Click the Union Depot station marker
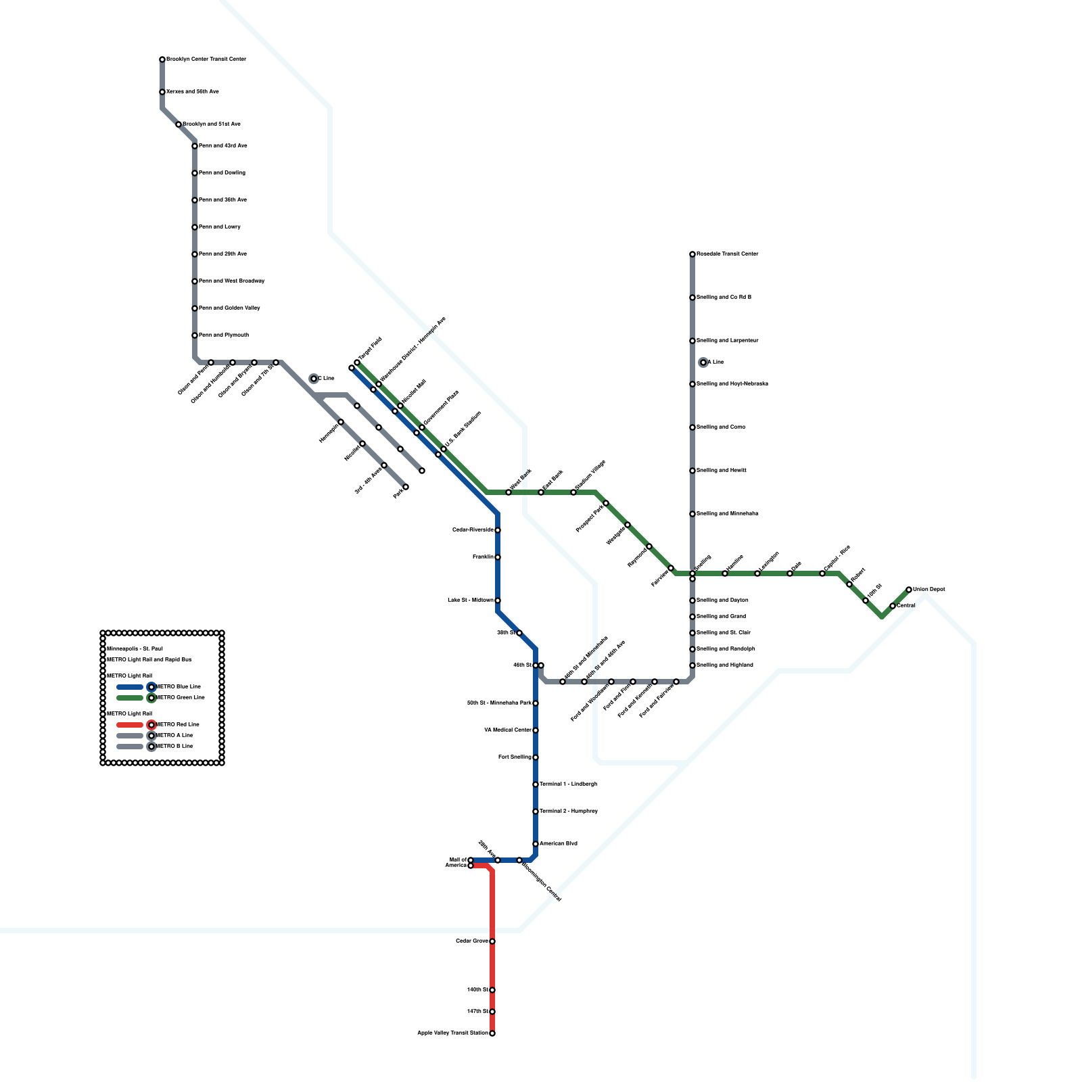pos(909,590)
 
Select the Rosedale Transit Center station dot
pos(692,254)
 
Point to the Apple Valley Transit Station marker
pos(492,1033)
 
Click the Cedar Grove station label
pos(471,941)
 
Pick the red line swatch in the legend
pos(130,725)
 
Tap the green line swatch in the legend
pos(130,698)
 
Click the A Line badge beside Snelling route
pos(703,362)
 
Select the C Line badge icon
pos(314,379)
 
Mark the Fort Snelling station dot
pos(536,757)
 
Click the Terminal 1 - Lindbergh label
pos(568,784)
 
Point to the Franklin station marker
pos(498,557)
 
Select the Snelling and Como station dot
pos(692,427)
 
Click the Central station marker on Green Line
pos(893,606)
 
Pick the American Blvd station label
pos(559,844)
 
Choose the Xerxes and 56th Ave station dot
pos(162,92)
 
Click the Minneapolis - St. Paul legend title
pos(135,649)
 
